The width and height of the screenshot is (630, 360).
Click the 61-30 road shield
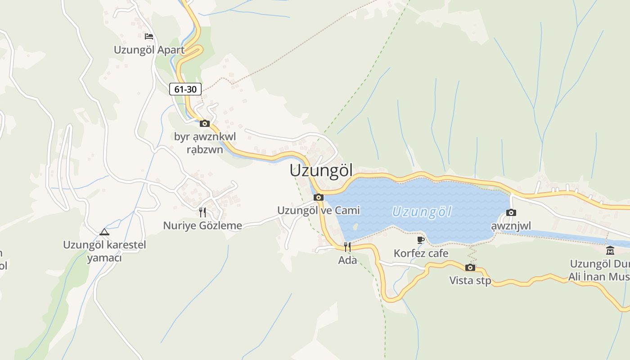click(185, 89)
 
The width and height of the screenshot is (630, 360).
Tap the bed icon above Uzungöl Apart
click(149, 36)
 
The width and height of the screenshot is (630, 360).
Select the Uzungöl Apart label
click(149, 49)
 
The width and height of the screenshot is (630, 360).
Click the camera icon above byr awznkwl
click(205, 123)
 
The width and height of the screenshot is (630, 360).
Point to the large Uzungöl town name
click(321, 171)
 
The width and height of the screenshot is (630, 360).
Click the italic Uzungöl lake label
click(422, 212)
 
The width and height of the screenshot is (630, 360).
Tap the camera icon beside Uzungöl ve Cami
click(319, 197)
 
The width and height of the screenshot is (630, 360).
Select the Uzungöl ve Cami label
click(319, 210)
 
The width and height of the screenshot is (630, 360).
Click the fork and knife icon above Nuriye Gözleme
click(202, 212)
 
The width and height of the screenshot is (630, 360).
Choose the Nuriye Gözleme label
click(202, 225)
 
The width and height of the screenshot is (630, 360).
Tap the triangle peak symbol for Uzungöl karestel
click(104, 232)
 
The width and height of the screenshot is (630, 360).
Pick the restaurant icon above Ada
click(347, 247)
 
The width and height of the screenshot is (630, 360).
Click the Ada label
click(347, 260)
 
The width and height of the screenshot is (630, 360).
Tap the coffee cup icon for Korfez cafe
click(421, 240)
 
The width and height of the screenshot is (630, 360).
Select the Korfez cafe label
click(421, 253)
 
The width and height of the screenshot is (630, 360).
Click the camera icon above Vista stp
click(470, 268)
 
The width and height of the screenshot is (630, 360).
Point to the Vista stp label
click(470, 281)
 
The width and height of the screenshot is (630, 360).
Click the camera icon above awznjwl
click(511, 212)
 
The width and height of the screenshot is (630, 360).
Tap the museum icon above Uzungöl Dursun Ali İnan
click(610, 251)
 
